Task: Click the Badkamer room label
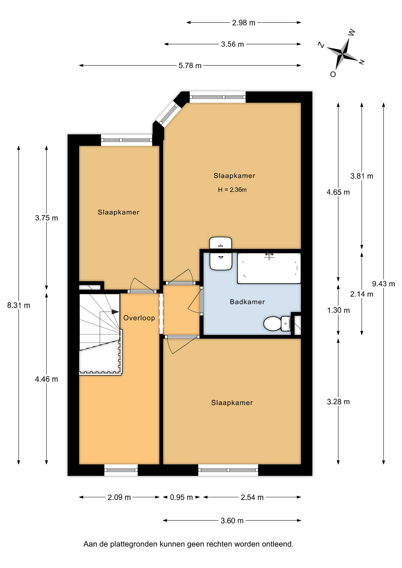[247, 302]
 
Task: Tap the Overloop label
[139, 318]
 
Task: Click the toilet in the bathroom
[277, 324]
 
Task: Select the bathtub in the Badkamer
[269, 268]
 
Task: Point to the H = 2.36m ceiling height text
[232, 190]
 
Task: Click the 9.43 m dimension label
[383, 284]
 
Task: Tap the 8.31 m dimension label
[19, 305]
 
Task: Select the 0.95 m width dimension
[181, 497]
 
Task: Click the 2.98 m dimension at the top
[244, 23]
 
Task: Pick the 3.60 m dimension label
[232, 521]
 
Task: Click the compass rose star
[342, 54]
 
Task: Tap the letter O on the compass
[333, 74]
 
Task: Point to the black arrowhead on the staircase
[115, 312]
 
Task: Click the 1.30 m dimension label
[338, 310]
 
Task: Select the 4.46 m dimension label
[46, 379]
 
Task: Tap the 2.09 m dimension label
[119, 497]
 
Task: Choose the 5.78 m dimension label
[190, 66]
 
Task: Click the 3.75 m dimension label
[46, 218]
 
